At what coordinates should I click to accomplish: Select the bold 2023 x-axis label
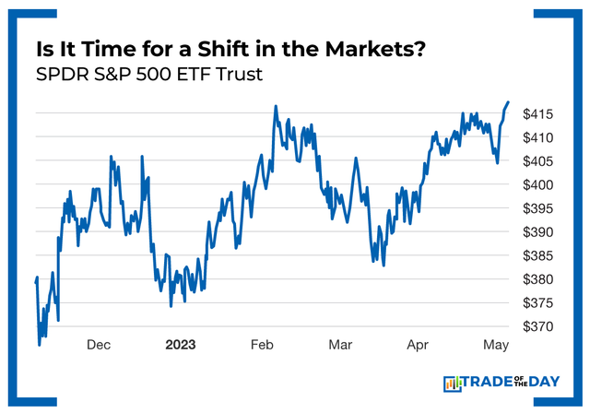pos(181,345)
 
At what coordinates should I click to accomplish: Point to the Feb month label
pos(262,345)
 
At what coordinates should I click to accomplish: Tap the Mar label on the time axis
pos(340,345)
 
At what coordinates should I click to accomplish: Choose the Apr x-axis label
pos(419,345)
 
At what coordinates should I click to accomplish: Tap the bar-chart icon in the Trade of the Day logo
pos(453,383)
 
